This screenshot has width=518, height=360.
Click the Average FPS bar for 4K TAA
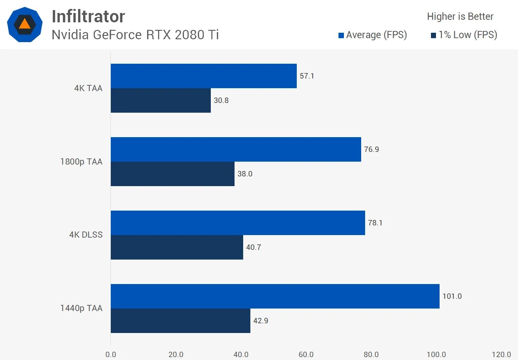(x=204, y=76)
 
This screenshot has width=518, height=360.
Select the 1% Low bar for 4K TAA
(x=160, y=100)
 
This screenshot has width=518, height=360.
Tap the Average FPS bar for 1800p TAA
(x=236, y=149)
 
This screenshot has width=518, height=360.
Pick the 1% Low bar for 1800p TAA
(x=172, y=174)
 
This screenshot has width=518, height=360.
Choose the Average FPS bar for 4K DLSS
(x=238, y=223)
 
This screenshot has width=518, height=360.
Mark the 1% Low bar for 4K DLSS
(x=177, y=247)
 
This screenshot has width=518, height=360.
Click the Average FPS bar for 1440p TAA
(x=275, y=296)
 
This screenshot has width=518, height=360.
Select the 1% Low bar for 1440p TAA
(x=180, y=321)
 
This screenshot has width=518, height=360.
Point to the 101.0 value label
(x=452, y=296)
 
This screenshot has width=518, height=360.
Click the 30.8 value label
(x=221, y=100)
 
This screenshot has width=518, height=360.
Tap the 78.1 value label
(x=375, y=223)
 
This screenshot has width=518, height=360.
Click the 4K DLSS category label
(x=86, y=235)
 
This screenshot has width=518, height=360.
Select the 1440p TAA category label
(x=81, y=308)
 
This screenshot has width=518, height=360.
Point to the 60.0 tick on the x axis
(x=306, y=355)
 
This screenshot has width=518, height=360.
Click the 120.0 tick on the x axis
(x=501, y=355)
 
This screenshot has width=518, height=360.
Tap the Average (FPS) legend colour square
(x=341, y=35)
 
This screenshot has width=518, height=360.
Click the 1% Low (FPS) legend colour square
(x=433, y=35)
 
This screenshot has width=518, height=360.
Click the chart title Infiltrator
(x=88, y=16)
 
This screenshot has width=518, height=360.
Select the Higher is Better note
(x=460, y=16)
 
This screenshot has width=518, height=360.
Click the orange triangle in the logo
(x=24, y=24)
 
